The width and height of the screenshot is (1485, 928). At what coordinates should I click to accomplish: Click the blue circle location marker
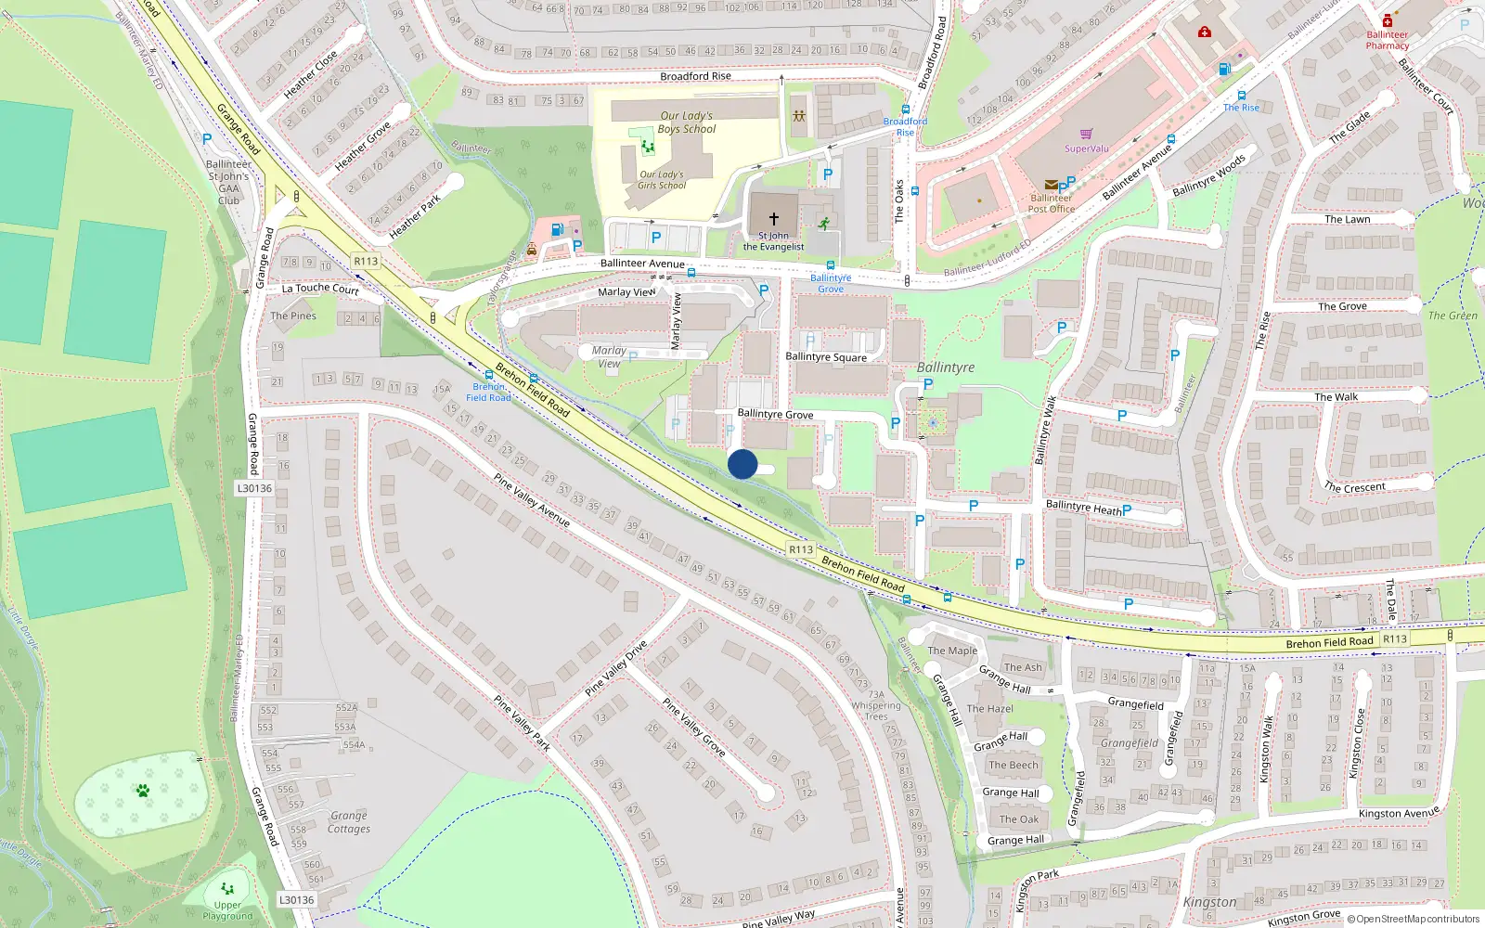[742, 464]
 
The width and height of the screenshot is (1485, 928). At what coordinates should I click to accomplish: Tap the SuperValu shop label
[1086, 148]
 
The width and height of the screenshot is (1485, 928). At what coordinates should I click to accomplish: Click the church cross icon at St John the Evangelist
[773, 219]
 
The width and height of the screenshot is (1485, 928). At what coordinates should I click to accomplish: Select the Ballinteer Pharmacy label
[1388, 40]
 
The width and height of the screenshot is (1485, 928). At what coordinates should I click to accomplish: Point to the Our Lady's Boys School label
[686, 122]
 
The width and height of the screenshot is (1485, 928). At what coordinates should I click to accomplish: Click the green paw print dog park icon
[142, 791]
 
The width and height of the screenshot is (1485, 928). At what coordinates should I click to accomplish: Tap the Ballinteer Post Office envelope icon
[1051, 185]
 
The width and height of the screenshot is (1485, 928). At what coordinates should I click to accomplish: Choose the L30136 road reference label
[254, 488]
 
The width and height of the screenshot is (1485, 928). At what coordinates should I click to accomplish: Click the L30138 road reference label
[297, 899]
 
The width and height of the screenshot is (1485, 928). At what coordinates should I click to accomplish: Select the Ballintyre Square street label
[826, 356]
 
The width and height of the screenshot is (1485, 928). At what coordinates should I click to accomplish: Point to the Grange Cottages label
[349, 822]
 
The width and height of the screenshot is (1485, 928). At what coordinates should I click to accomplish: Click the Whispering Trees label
[876, 711]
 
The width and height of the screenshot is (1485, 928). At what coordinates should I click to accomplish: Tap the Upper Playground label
[227, 910]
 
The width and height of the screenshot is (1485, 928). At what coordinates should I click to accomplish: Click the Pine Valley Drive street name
[615, 669]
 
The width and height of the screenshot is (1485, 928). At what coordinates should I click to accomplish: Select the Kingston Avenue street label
[1399, 813]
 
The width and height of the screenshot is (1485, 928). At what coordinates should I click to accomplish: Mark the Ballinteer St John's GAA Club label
[229, 182]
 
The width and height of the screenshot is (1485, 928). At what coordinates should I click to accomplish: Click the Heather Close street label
[310, 74]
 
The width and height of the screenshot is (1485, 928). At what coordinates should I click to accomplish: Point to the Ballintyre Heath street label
[1083, 507]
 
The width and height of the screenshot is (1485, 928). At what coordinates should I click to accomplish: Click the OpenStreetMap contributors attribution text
[1417, 919]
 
